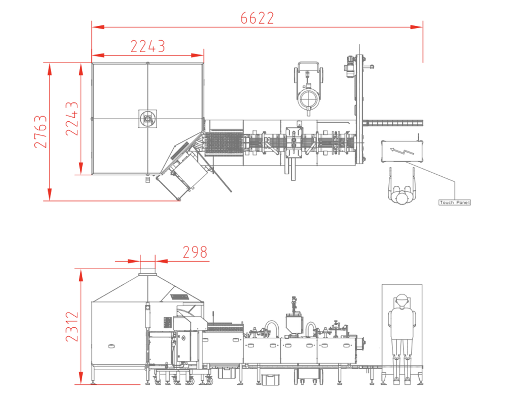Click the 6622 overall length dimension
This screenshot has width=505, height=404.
(257, 18)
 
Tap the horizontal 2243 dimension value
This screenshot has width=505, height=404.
(148, 46)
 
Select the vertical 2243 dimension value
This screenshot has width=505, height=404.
(72, 119)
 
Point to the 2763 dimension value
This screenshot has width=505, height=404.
(40, 131)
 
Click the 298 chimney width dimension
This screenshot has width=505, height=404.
(195, 252)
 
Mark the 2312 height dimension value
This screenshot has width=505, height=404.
(72, 326)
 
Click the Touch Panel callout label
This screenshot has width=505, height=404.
(455, 203)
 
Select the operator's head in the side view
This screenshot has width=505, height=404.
(401, 301)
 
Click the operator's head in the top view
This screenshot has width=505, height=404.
(401, 197)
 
